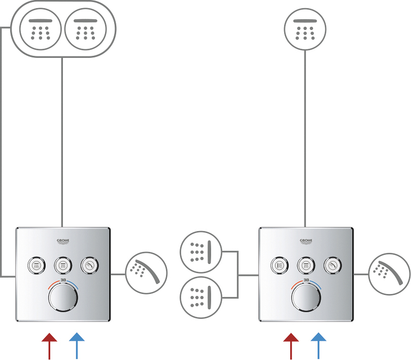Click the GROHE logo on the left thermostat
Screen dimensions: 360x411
point(62,242)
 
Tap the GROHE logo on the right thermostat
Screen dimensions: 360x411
point(305,242)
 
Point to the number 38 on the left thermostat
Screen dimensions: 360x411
point(63,280)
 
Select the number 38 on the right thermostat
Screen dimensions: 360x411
point(306,280)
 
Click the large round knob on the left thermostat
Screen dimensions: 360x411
point(63,297)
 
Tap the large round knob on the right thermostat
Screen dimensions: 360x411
point(306,297)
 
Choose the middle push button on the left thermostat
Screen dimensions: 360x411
point(63,265)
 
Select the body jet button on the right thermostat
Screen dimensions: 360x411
point(280,265)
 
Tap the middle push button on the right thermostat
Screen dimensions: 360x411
point(306,265)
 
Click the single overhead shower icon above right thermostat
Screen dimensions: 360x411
point(305,30)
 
